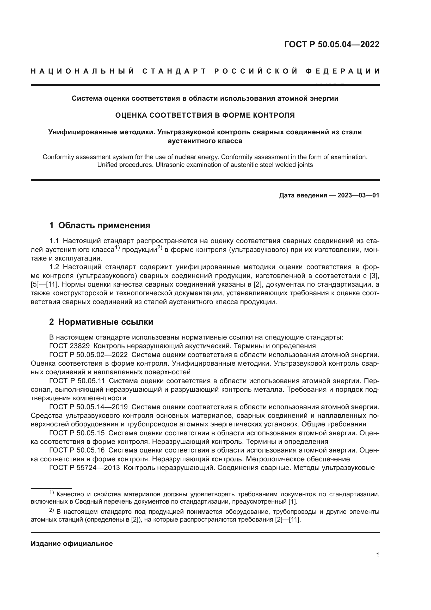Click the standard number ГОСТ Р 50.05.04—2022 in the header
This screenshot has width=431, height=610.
pyautogui.click(x=331, y=44)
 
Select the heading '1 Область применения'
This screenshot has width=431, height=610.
pyautogui.click(x=100, y=226)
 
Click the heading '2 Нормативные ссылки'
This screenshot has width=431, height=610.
pyautogui.click(x=101, y=322)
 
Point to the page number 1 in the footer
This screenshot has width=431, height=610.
pyautogui.click(x=377, y=555)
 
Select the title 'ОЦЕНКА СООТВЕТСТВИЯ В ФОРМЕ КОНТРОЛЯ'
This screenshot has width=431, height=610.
pyautogui.click(x=205, y=115)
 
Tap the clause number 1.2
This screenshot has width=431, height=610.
pyautogui.click(x=54, y=267)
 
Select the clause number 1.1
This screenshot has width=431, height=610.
pyautogui.click(x=54, y=241)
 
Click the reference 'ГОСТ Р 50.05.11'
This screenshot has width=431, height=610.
pyautogui.click(x=77, y=381)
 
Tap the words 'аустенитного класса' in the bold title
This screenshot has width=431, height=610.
pyautogui.click(x=205, y=141)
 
